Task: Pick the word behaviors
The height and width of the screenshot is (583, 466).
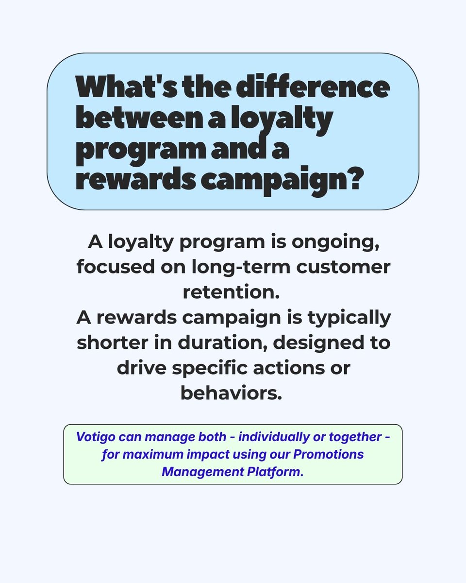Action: pyautogui.click(x=232, y=393)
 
